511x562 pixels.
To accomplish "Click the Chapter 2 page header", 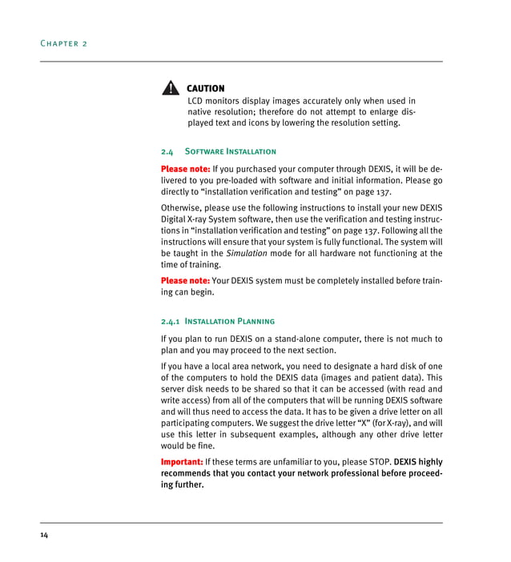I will tap(63, 42).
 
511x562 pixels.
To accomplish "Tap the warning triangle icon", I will tap(170, 89).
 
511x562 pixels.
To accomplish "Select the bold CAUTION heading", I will tap(206, 88).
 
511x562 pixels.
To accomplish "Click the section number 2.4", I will tap(167, 151).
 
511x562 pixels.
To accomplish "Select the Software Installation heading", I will tap(231, 151).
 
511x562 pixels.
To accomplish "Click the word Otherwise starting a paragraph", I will tap(183, 209).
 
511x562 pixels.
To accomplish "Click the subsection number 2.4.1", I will tap(171, 321).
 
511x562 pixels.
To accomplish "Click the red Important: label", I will tap(182, 462).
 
